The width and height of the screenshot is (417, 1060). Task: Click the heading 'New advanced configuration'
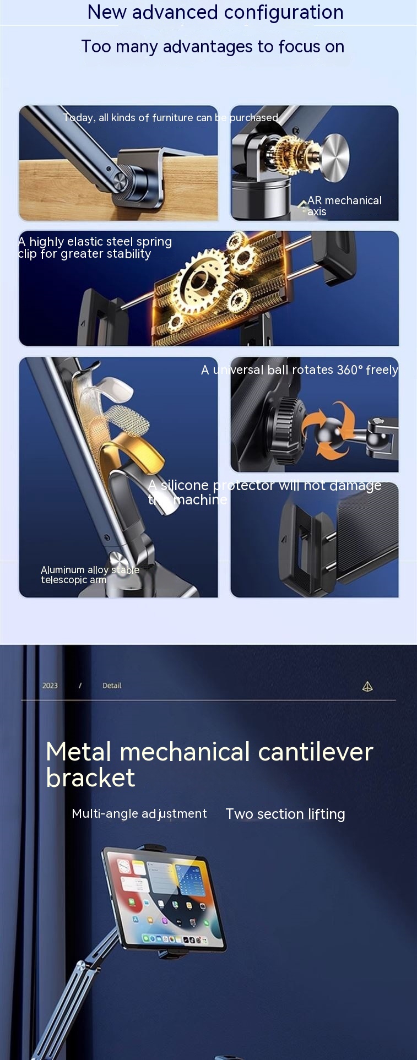click(x=215, y=12)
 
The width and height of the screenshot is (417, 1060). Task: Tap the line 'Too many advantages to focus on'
click(x=213, y=46)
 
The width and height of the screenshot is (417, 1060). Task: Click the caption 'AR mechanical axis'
click(x=344, y=206)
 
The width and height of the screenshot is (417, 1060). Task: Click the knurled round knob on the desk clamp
click(x=126, y=180)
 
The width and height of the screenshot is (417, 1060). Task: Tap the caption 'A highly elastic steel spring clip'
click(x=95, y=247)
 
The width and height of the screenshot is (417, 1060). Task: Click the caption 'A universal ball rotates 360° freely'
click(x=300, y=369)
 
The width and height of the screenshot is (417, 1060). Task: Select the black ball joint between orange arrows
click(x=329, y=431)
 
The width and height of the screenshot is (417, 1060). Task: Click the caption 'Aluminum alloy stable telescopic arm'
click(x=90, y=574)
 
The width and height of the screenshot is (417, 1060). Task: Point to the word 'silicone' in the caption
click(x=185, y=485)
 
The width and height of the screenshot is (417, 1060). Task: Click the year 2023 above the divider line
click(x=50, y=686)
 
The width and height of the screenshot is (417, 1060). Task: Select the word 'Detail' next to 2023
click(x=112, y=686)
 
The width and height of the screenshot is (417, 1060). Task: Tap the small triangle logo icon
click(x=367, y=686)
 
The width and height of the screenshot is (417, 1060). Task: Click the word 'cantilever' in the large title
click(x=315, y=752)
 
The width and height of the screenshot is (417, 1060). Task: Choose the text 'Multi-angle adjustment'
click(x=139, y=814)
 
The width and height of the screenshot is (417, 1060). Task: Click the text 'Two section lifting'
click(x=285, y=814)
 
